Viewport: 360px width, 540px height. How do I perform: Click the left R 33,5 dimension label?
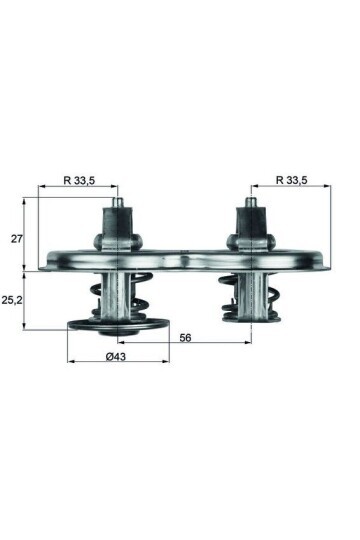pyautogui.click(x=79, y=181)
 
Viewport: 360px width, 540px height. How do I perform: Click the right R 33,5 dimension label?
pyautogui.click(x=291, y=181)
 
